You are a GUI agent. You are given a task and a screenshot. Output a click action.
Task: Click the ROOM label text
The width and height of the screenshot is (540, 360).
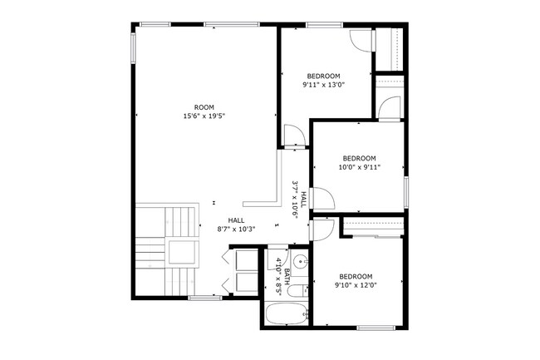[x=204, y=107]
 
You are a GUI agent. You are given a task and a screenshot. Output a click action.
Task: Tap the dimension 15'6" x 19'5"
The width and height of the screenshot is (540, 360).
[x=204, y=116]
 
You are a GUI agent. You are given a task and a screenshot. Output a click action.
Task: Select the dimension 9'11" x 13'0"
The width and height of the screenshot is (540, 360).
[x=324, y=85]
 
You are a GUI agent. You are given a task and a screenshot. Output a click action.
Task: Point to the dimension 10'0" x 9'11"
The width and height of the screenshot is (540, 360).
[x=359, y=167]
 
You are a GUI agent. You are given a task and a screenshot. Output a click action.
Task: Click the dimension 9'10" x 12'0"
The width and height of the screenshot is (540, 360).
[x=356, y=285]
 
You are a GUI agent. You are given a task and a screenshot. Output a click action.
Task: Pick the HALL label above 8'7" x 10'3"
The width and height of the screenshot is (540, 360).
[x=236, y=220]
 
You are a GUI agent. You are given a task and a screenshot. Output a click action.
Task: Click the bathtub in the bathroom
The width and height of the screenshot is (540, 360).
[x=287, y=313]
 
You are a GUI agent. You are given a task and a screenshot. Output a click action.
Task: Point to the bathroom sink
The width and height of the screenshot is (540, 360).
[x=299, y=262]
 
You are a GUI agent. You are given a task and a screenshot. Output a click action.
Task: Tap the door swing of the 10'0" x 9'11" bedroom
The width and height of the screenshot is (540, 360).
[x=322, y=198]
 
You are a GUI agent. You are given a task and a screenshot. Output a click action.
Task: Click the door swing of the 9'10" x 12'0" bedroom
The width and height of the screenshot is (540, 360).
[x=322, y=229]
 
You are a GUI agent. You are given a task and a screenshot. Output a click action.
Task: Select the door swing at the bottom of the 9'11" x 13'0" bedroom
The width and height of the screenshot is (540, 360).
[x=294, y=136]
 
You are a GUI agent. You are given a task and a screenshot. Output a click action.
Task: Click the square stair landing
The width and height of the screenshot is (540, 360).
[x=184, y=252]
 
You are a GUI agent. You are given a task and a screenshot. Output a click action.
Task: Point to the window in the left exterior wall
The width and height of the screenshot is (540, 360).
[x=133, y=48]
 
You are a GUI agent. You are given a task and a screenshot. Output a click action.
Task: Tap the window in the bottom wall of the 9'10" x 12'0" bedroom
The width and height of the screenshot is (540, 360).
[x=376, y=328]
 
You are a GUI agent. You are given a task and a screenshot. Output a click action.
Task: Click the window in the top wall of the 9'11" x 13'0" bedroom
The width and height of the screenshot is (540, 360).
[x=324, y=24]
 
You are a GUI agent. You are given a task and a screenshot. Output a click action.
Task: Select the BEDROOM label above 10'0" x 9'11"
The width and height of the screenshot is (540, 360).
[x=359, y=159]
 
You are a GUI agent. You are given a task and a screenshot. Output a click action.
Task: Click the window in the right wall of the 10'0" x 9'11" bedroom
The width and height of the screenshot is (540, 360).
[x=406, y=192]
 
